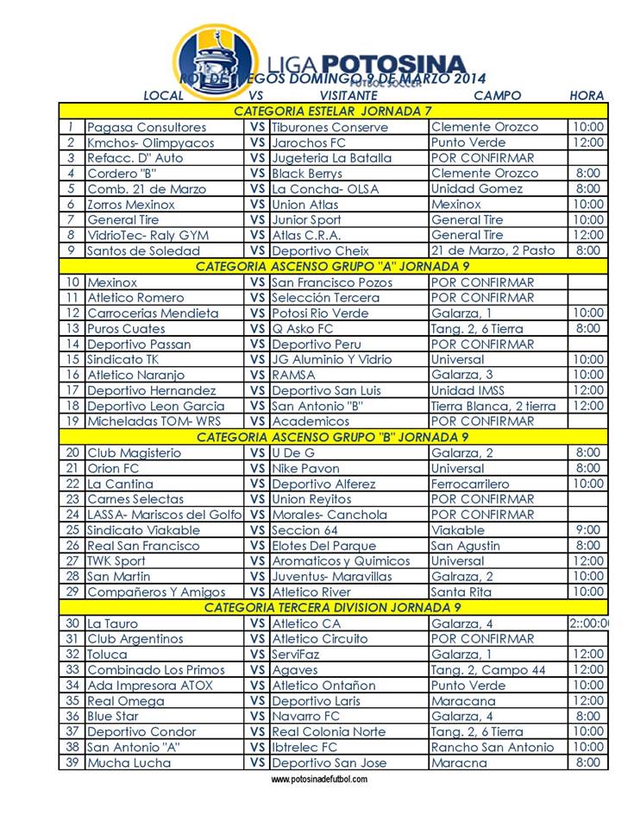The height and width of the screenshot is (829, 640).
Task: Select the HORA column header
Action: pos(587,96)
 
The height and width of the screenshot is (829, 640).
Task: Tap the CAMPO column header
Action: pos(498,96)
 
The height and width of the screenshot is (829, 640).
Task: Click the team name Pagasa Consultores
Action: pos(147,127)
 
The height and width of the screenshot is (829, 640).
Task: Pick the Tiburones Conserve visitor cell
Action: pos(329,127)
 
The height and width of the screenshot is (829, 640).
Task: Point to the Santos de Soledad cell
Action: pos(143,251)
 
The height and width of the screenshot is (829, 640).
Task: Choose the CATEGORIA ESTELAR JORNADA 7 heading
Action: pos(333,111)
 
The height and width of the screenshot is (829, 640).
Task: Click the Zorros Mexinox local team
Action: pos(131,205)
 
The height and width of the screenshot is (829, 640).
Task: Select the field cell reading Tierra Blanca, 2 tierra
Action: pos(493,406)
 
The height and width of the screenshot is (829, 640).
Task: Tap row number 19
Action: pos(72,421)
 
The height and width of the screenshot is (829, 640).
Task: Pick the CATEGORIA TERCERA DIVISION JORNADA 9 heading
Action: pos(333,607)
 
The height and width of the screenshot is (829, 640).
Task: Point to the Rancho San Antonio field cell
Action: pos(493,747)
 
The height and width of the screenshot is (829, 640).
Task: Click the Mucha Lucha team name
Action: pos(129,763)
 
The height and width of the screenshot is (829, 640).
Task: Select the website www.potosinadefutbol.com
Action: pos(319,779)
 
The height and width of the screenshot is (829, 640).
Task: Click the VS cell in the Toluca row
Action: pos(257,655)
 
